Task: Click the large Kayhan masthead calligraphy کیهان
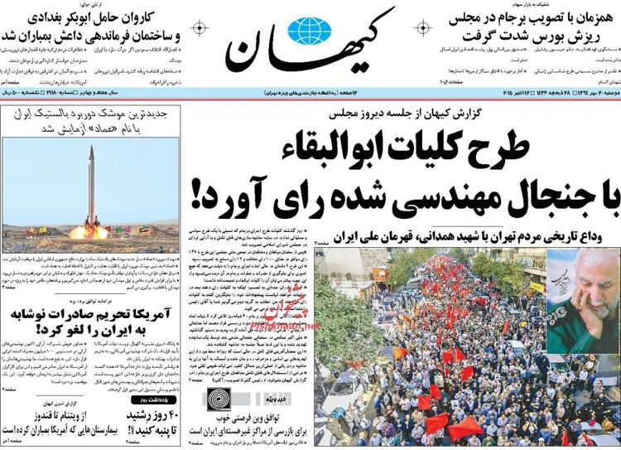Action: click(310, 46)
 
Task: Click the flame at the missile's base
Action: click(89, 230)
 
